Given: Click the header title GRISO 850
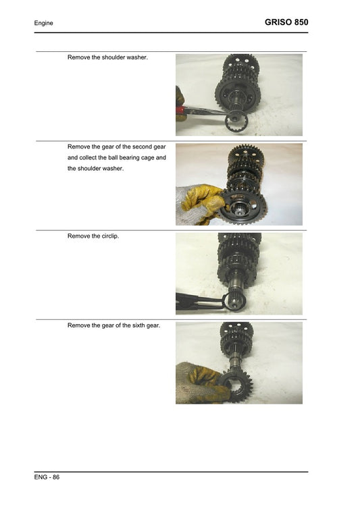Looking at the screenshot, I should point(287,22).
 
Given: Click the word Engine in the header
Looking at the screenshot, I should point(44,24).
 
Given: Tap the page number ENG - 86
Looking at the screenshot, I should point(47,477).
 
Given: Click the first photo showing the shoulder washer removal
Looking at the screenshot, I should point(239,95).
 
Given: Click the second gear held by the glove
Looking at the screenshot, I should point(245,206).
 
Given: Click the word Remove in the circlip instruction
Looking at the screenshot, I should point(80,236).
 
